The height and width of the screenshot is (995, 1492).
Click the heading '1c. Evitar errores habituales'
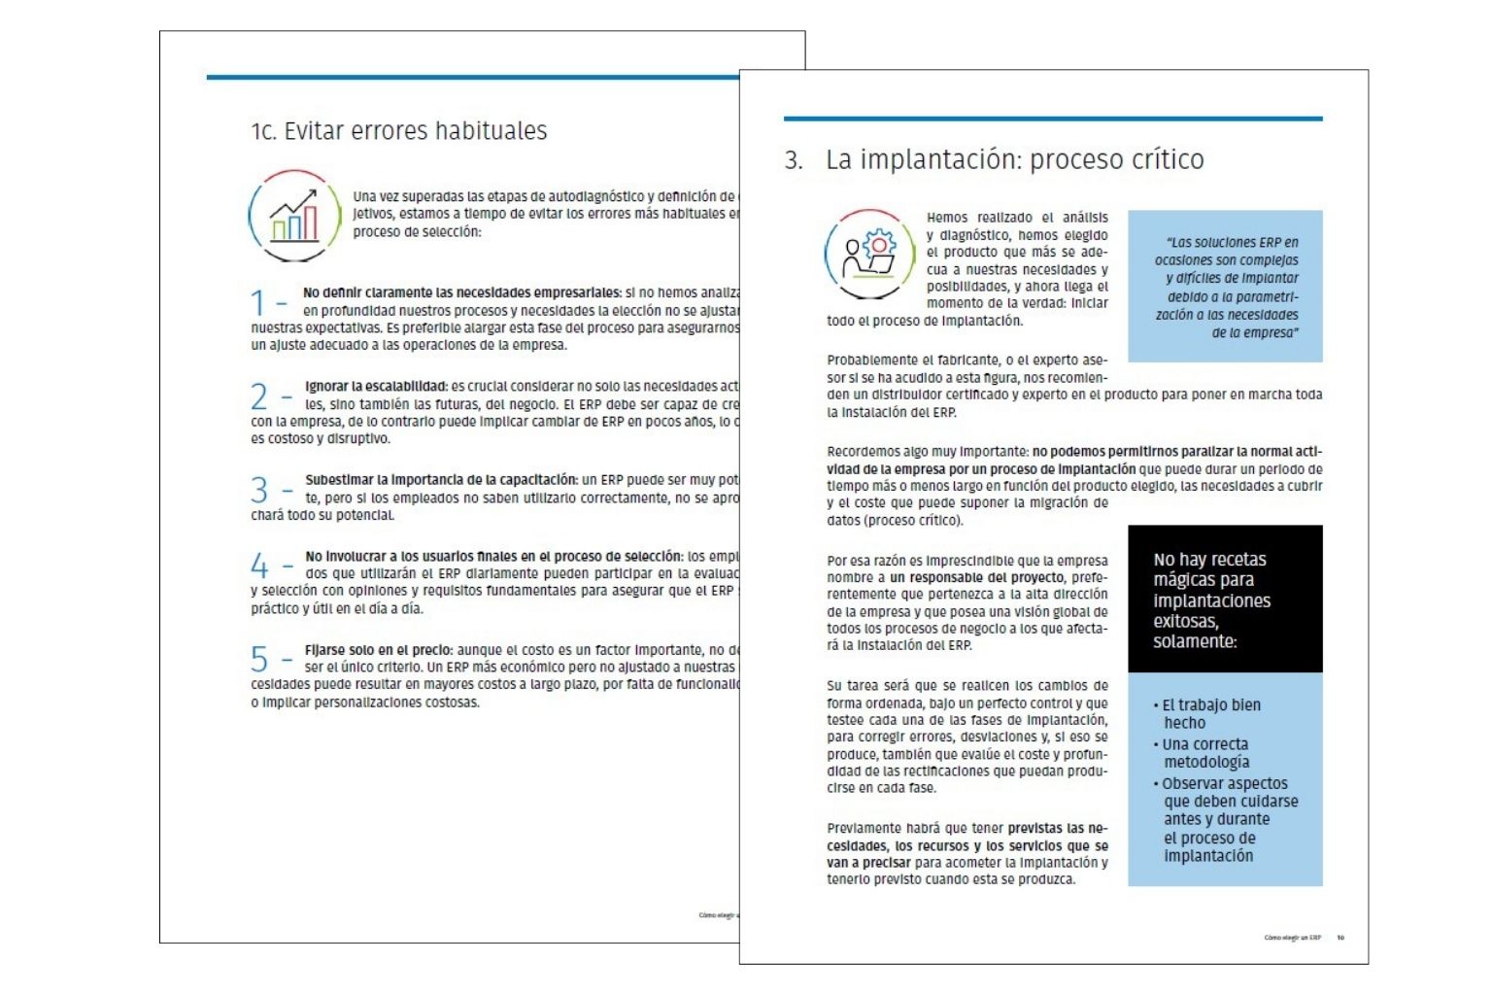[398, 131]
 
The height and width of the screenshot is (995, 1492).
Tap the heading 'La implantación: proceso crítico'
[1014, 159]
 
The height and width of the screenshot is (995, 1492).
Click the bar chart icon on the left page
[294, 216]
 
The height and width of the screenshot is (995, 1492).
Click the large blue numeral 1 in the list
[257, 302]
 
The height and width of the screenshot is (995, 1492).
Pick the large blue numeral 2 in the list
[258, 396]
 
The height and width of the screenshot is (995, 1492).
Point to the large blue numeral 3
[258, 490]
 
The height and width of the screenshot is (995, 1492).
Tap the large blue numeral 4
[258, 566]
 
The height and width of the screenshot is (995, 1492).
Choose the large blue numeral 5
[258, 660]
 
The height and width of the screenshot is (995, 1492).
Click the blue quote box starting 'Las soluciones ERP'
[1225, 287]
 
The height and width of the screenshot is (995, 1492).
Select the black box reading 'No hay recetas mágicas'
[1224, 600]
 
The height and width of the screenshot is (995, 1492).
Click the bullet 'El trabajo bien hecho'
[1209, 714]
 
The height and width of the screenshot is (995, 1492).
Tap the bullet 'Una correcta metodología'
[1204, 753]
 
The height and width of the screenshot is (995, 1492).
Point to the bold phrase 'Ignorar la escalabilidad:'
[376, 387]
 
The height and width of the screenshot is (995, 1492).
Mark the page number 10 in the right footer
[1340, 938]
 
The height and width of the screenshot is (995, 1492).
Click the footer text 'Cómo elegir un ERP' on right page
[1292, 938]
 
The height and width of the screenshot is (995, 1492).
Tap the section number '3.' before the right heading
[794, 160]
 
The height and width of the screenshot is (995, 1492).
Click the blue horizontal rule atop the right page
[1053, 119]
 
